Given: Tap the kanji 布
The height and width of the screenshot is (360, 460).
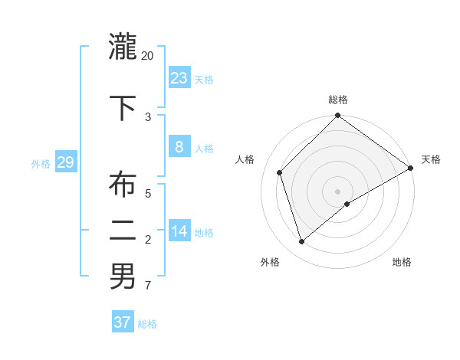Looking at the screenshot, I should [x=123, y=185].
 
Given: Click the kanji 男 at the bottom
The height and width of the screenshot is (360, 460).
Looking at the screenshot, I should [x=123, y=276].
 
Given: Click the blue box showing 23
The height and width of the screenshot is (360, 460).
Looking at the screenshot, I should [x=179, y=77].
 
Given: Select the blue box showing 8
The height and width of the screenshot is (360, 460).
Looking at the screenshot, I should [x=179, y=147].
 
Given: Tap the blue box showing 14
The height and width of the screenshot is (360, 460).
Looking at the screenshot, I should [x=179, y=231].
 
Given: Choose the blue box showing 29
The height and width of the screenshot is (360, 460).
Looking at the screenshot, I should [x=65, y=162].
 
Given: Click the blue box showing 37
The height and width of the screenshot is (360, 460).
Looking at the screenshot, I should [x=123, y=322].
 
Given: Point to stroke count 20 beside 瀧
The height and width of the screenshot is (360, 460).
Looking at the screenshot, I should [x=148, y=56].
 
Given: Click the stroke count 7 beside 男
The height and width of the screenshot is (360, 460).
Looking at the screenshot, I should [x=148, y=286].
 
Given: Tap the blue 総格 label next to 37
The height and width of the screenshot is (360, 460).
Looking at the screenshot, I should [x=147, y=324].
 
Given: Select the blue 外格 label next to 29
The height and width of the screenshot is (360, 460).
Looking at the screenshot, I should [x=41, y=163].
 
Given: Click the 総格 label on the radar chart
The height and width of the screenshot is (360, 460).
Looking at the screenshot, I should [x=338, y=100].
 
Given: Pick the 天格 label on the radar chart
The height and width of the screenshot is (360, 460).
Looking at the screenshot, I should [x=431, y=159].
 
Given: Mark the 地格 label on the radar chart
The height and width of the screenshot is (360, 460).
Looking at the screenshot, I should [x=402, y=262].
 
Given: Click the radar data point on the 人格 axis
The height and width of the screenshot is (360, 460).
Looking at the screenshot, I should [x=280, y=172].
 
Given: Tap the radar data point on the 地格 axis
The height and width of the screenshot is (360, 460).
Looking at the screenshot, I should [x=347, y=204].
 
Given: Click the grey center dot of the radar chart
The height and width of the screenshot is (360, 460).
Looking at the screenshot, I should [x=338, y=191].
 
